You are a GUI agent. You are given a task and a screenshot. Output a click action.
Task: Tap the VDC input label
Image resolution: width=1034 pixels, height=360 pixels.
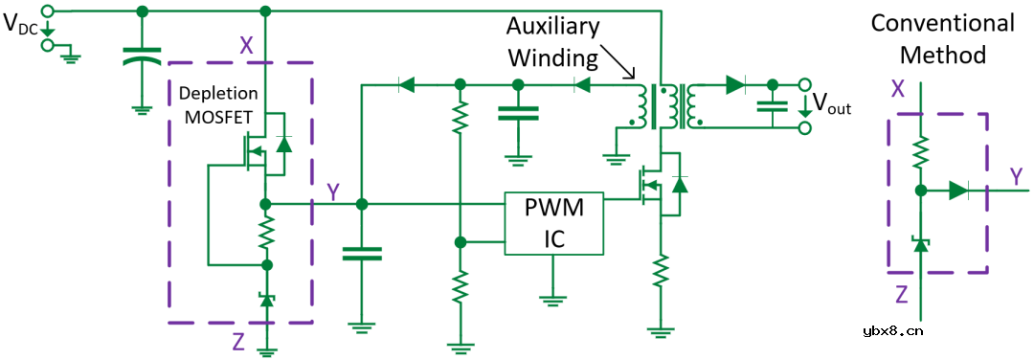pyautogui.click(x=22, y=25)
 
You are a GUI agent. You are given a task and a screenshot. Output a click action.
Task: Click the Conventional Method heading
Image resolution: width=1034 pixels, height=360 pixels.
pyautogui.click(x=942, y=38)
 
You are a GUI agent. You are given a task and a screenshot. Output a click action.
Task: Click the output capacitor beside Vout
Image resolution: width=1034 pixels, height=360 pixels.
pyautogui.click(x=773, y=108)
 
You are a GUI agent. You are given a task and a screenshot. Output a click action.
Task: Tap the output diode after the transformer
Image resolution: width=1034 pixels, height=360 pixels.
pyautogui.click(x=734, y=84)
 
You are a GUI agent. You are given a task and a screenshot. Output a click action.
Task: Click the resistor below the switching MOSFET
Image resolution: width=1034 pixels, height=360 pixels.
pyautogui.click(x=660, y=272)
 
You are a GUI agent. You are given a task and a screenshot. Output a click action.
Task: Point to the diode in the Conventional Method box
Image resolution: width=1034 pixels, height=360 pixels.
pyautogui.click(x=957, y=191)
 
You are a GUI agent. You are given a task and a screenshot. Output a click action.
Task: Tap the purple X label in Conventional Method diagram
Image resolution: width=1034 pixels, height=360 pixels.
pyautogui.click(x=898, y=89)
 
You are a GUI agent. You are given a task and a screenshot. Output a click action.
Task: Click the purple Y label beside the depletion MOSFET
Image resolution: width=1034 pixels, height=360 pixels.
pyautogui.click(x=332, y=192)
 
